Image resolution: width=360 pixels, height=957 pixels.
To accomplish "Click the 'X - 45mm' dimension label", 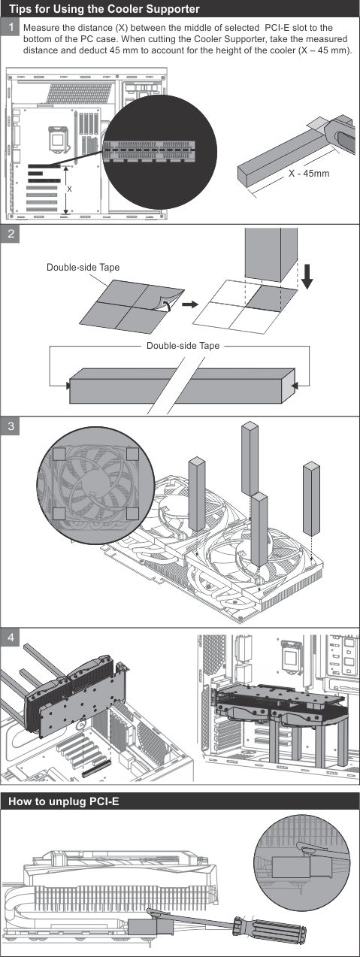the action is pos(309,174).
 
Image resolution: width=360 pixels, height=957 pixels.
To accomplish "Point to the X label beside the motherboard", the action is pos(70,189).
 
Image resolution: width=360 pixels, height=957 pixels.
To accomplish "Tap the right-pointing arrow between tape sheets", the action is pos(190,304).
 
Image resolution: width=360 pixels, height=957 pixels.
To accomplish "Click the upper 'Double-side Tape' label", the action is pos(83,268).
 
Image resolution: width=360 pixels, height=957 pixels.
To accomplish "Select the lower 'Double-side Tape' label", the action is pos(183,346).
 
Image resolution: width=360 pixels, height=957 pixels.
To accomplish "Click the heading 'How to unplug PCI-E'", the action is pos(64,801).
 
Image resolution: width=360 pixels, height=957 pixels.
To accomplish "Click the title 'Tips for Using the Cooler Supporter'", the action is pos(104,9).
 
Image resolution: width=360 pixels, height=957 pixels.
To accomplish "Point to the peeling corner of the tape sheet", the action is pos(167,304).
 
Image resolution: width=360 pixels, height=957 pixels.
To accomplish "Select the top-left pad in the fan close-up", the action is pos(59,454).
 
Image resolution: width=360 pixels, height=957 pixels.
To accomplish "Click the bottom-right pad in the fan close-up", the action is pos(133,513).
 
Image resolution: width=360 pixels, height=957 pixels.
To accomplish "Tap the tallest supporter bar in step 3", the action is pos(250,459).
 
